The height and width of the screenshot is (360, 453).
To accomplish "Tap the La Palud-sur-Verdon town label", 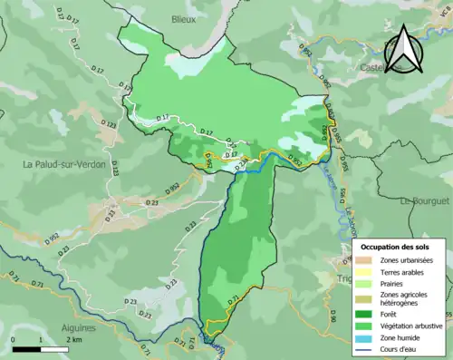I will pyautogui.click(x=64, y=165).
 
